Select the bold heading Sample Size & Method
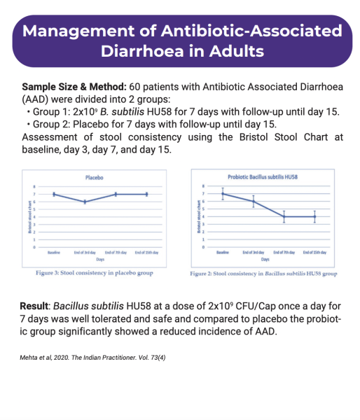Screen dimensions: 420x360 74,87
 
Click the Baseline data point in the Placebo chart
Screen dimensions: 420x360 54,194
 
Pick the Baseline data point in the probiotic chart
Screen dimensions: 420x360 223,194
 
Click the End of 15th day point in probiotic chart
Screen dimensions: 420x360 314,217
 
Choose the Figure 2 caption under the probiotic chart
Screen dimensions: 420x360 263,274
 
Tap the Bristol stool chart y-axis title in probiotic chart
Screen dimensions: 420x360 200,217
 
